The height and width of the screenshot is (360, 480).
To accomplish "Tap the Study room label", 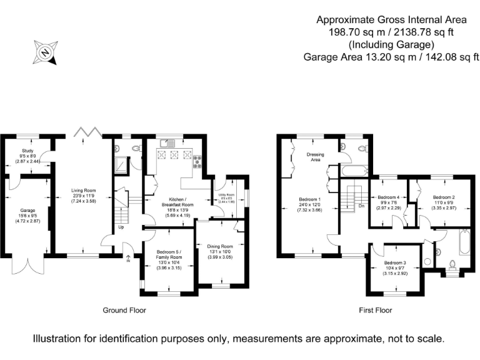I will (26, 151).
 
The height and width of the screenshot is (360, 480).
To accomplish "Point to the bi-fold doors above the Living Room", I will (87, 131).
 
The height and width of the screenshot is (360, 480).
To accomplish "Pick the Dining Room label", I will (219, 246).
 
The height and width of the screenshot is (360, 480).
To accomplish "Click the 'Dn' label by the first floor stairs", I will (361, 206).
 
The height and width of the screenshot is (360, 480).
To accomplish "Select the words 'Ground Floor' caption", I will (124, 310).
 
